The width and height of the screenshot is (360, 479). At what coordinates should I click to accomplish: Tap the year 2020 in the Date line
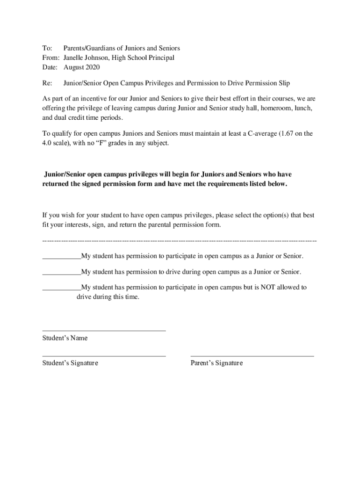pyautogui.click(x=92, y=67)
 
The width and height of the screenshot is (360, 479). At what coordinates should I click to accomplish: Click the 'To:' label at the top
pyautogui.click(x=47, y=48)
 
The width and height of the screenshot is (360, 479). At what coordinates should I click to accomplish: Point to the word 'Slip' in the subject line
pyautogui.click(x=283, y=83)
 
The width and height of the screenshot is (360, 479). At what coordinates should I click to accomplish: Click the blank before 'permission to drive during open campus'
pyautogui.click(x=61, y=272)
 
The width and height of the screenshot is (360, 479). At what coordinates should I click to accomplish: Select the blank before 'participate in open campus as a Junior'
pyautogui.click(x=61, y=256)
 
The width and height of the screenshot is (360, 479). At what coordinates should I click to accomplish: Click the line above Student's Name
pyautogui.click(x=104, y=331)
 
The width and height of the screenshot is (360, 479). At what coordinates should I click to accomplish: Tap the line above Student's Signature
pyautogui.click(x=104, y=356)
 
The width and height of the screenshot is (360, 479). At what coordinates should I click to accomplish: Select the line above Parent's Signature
pyautogui.click(x=252, y=356)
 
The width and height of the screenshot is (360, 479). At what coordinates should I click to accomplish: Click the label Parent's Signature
pyautogui.click(x=216, y=363)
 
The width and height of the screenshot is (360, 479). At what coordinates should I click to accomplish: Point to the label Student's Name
pyautogui.click(x=65, y=338)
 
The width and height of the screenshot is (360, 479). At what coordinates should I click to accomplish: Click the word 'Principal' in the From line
pyautogui.click(x=160, y=58)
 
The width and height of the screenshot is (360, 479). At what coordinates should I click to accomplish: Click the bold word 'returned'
pyautogui.click(x=57, y=184)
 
